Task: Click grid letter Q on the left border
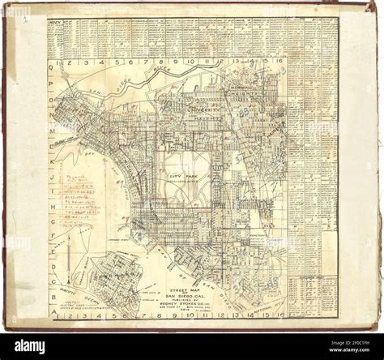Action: pyautogui.click(x=53, y=71)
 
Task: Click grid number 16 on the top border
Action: pyautogui.click(x=279, y=62)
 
